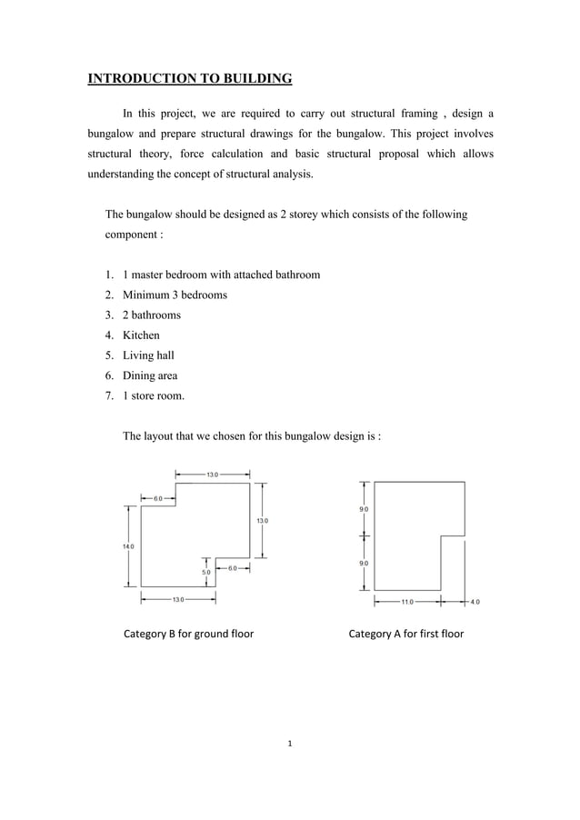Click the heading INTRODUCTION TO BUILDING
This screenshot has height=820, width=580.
click(x=189, y=79)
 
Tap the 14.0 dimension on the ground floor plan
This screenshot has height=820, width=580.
click(x=129, y=546)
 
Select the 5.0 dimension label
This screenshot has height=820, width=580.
click(x=206, y=572)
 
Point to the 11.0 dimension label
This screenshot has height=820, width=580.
click(x=406, y=601)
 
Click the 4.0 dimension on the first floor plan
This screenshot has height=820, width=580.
click(x=475, y=601)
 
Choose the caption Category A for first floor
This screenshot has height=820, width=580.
click(x=405, y=634)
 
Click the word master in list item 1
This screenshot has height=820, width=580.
click(x=148, y=275)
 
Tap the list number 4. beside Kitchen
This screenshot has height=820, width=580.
click(x=109, y=335)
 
